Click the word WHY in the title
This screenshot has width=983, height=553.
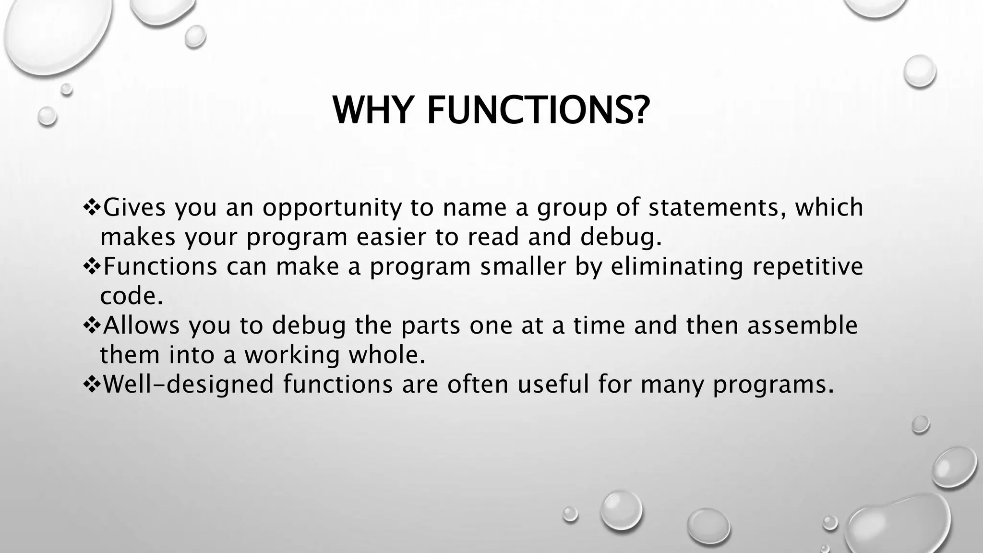(x=372, y=110)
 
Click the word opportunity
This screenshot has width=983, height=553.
(x=332, y=208)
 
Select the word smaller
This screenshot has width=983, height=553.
(x=523, y=266)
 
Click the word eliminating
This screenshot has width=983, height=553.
(x=677, y=266)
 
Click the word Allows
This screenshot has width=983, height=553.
(x=142, y=325)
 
